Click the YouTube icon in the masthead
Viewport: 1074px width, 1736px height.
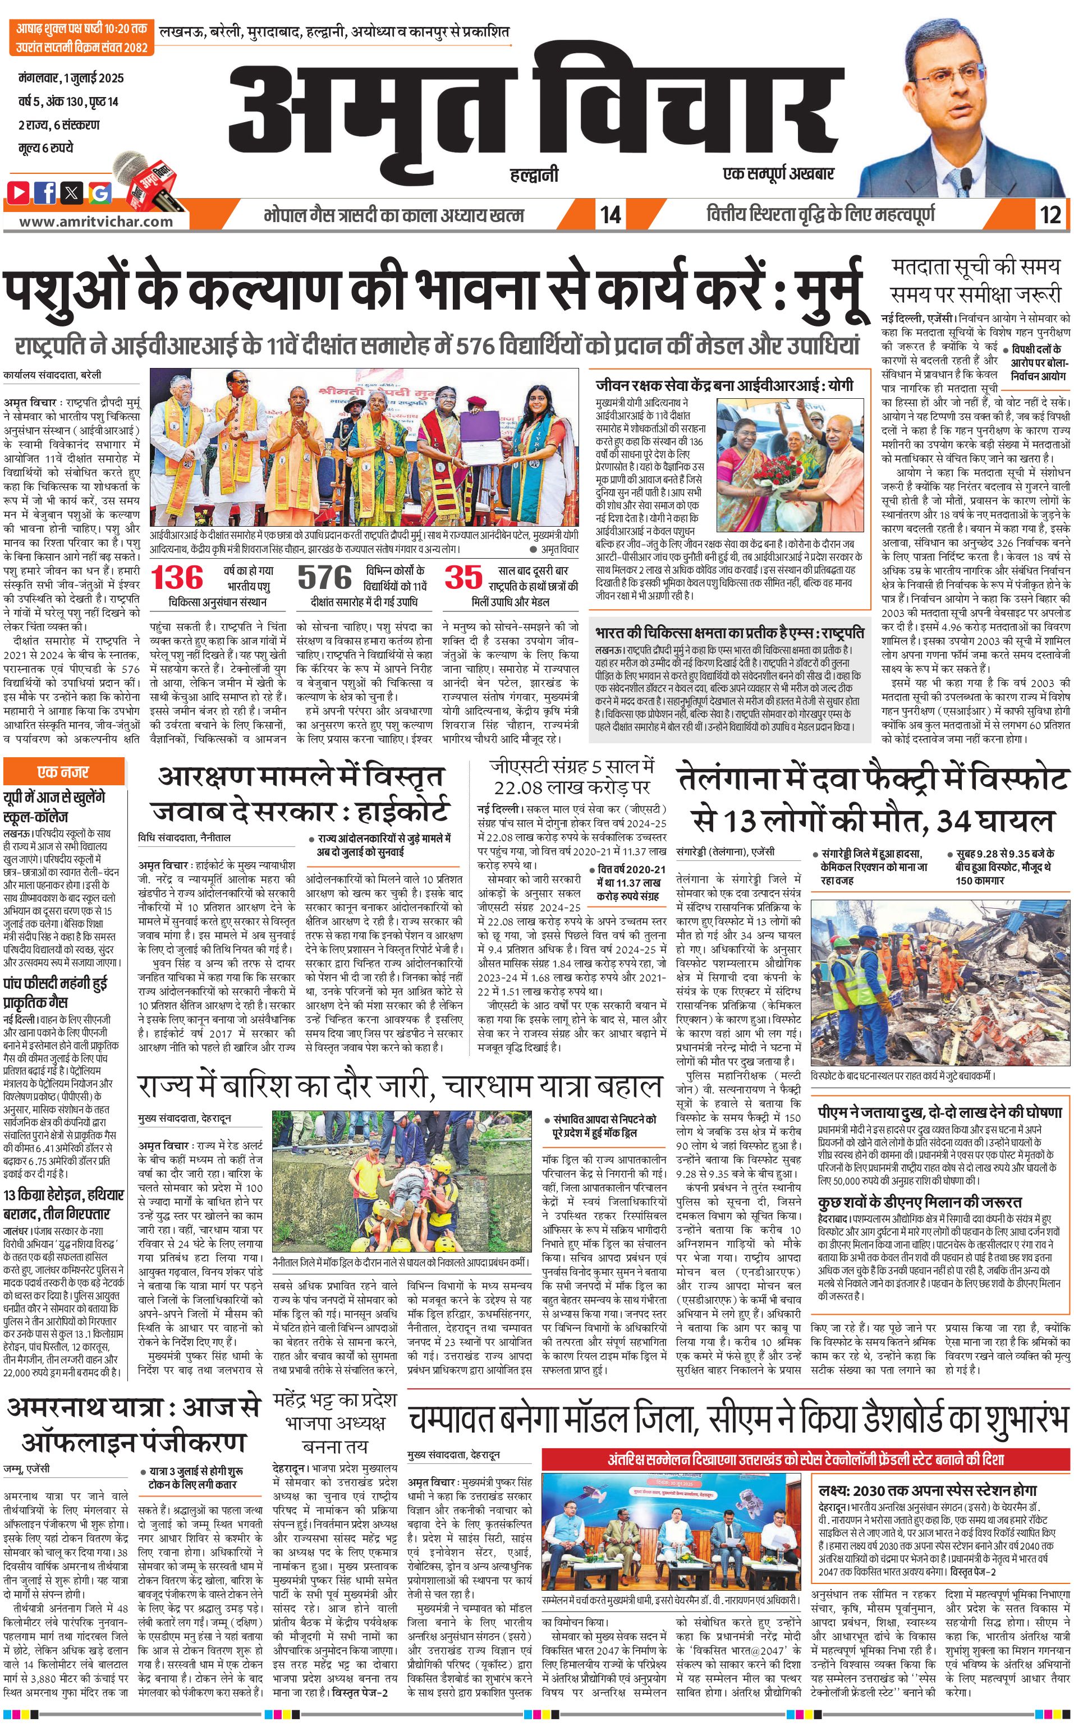coord(19,192)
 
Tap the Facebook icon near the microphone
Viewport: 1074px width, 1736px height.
coord(45,192)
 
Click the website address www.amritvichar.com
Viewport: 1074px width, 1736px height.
coord(96,222)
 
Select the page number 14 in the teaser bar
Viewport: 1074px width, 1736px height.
coord(610,214)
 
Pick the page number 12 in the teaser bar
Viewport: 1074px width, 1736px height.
coord(1050,214)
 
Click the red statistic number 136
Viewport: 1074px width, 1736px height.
coord(177,578)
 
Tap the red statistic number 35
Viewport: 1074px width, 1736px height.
coord(463,577)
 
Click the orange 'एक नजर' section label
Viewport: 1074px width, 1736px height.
coord(63,772)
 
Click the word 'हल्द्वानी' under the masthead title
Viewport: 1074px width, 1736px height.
coord(534,174)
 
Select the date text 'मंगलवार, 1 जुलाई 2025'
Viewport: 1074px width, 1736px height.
coord(71,78)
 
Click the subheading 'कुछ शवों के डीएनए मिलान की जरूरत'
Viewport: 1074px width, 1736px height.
coord(919,1201)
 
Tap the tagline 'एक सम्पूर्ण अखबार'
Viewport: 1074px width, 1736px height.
coord(778,173)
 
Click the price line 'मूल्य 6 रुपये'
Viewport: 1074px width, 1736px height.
coord(45,148)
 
